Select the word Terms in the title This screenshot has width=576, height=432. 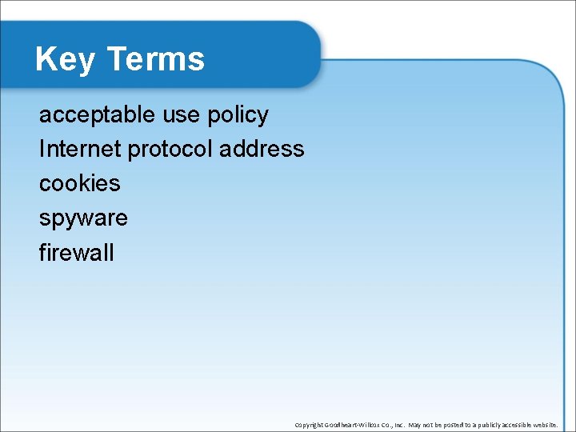point(155,60)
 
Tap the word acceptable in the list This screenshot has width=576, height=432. point(97,115)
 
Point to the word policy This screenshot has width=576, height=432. point(238,115)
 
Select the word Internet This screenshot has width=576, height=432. point(80,150)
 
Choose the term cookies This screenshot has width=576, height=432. point(79,184)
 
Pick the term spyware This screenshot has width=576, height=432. point(83,218)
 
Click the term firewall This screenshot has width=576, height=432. point(77,253)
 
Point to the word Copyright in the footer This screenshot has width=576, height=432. point(307,425)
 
